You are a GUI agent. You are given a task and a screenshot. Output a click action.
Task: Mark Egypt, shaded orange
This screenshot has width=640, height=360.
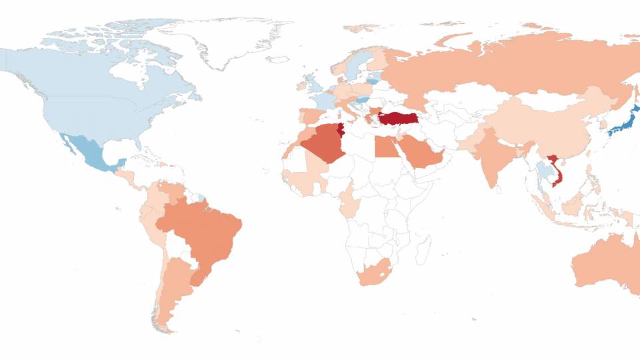385,147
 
